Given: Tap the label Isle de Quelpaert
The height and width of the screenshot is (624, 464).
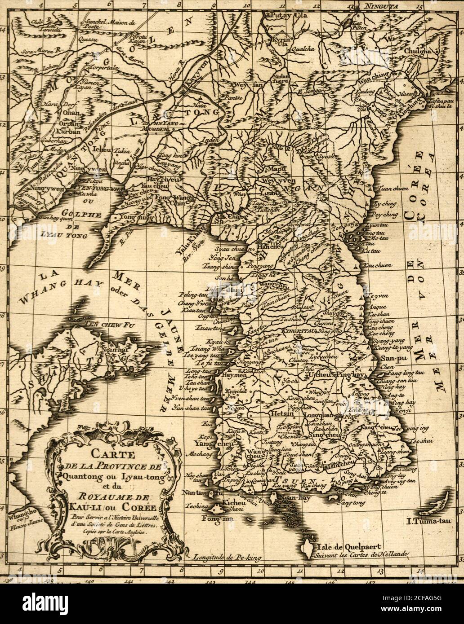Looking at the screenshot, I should (x=350, y=547).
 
